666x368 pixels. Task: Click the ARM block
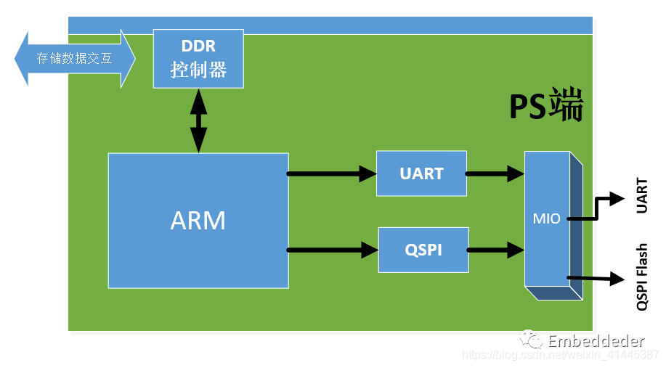[198, 221]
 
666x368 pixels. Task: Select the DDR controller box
[198, 59]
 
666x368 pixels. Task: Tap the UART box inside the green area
[421, 173]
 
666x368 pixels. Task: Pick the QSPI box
[423, 250]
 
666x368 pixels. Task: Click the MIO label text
[547, 218]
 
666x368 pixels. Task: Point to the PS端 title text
[546, 105]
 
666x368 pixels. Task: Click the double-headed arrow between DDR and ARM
[198, 120]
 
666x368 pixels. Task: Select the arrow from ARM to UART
[332, 173]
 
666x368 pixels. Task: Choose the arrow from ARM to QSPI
[333, 250]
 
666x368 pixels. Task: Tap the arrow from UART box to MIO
[495, 173]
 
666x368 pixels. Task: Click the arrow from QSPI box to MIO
[496, 250]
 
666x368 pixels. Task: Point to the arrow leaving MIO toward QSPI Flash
[596, 279]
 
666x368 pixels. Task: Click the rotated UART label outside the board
[641, 195]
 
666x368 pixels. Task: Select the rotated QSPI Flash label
[642, 277]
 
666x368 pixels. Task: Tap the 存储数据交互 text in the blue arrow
[74, 58]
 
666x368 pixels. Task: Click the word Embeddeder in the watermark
[596, 341]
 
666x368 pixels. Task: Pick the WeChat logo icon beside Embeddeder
[532, 339]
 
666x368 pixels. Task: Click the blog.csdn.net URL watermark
[561, 355]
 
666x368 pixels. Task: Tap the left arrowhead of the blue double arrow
[21, 59]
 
